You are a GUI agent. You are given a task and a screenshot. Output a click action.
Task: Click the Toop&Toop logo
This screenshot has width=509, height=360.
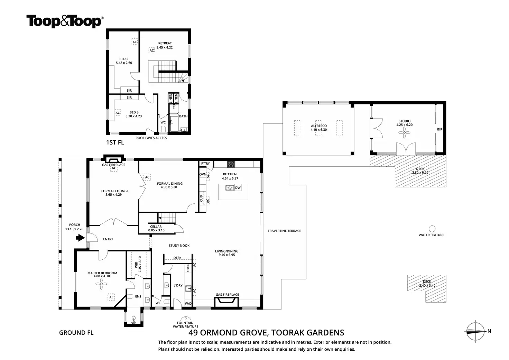pyautogui.click(x=65, y=21)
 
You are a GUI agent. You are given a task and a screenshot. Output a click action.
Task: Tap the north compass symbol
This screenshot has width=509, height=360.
pyautogui.click(x=475, y=332)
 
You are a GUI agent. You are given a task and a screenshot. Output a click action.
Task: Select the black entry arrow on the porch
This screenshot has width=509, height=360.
pyautogui.click(x=80, y=238)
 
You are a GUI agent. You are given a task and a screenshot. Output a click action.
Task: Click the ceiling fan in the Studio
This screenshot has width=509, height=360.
pyautogui.click(x=404, y=132)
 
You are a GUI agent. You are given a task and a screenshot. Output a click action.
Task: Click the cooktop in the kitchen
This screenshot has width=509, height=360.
pyautogui.click(x=231, y=164)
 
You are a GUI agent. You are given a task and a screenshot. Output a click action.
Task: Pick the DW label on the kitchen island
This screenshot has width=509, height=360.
pyautogui.click(x=238, y=188)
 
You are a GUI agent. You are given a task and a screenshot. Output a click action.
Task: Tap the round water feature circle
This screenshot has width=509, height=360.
pyautogui.click(x=432, y=229)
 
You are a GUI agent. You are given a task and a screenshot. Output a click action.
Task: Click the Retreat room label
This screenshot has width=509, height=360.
pyautogui.click(x=165, y=43)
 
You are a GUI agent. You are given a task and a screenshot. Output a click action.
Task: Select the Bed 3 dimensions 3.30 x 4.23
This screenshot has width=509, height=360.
pyautogui.click(x=133, y=116)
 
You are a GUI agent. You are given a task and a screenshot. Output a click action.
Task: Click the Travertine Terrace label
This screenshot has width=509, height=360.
pyautogui.click(x=284, y=231)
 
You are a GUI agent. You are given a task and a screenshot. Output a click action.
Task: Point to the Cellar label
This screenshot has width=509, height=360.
pyautogui.click(x=156, y=227)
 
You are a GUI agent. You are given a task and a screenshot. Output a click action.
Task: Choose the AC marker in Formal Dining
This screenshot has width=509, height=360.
pyautogui.click(x=147, y=177)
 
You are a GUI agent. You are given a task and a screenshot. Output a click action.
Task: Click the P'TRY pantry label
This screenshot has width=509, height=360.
pyautogui.click(x=205, y=164)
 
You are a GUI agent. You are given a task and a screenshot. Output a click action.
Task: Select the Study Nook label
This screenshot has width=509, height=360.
pyautogui.click(x=179, y=246)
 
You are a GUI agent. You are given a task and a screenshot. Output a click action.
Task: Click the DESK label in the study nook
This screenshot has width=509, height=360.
pyautogui.click(x=177, y=258)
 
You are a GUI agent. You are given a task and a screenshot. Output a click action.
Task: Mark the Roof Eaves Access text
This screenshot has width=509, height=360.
pyautogui.click(x=151, y=138)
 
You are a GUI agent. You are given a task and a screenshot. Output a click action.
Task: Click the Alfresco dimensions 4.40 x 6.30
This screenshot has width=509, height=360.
pyautogui.click(x=319, y=130)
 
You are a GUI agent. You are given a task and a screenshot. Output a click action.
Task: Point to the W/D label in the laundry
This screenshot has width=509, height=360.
pyautogui.click(x=188, y=303)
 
